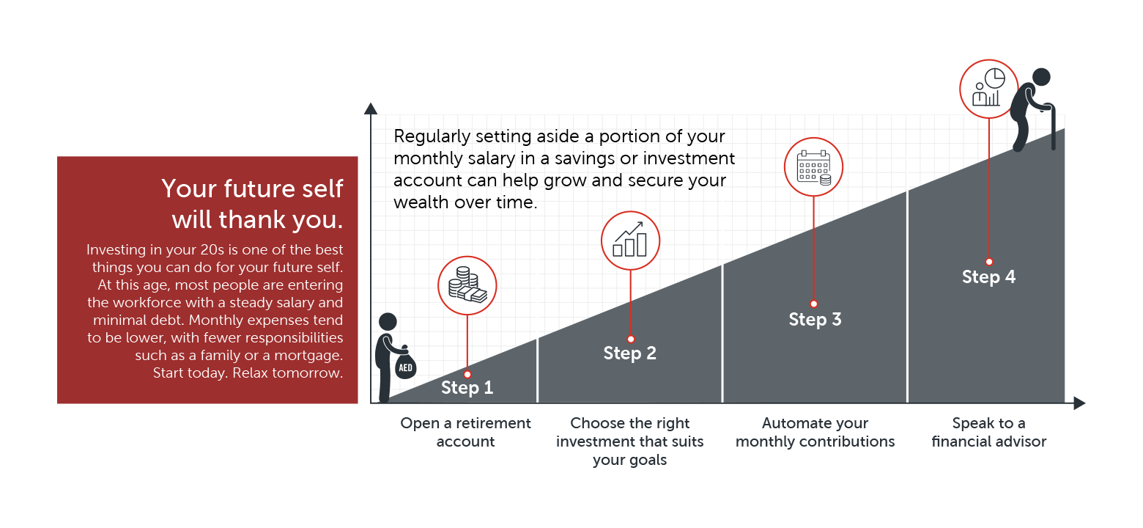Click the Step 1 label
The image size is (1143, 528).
point(467,388)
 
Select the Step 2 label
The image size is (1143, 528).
point(629,353)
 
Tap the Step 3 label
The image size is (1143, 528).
point(815,319)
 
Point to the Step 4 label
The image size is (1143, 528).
point(988,276)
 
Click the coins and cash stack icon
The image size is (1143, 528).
point(467,285)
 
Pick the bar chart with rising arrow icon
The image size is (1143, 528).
point(630,240)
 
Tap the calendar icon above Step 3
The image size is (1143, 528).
point(814,167)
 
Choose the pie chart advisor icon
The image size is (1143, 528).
point(988,88)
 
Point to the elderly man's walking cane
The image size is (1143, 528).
point(1052,127)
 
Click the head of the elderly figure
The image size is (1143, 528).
point(1041,77)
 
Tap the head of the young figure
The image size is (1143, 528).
point(388,322)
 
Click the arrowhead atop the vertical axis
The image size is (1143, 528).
point(371,109)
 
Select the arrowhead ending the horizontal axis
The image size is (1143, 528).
point(1079,403)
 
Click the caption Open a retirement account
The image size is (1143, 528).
point(465,432)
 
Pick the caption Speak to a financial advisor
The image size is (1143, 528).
point(989,432)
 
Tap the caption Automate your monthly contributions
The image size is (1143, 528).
point(815,432)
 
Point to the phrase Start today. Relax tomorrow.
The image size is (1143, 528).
point(248,373)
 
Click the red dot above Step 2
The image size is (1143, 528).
point(631,339)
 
